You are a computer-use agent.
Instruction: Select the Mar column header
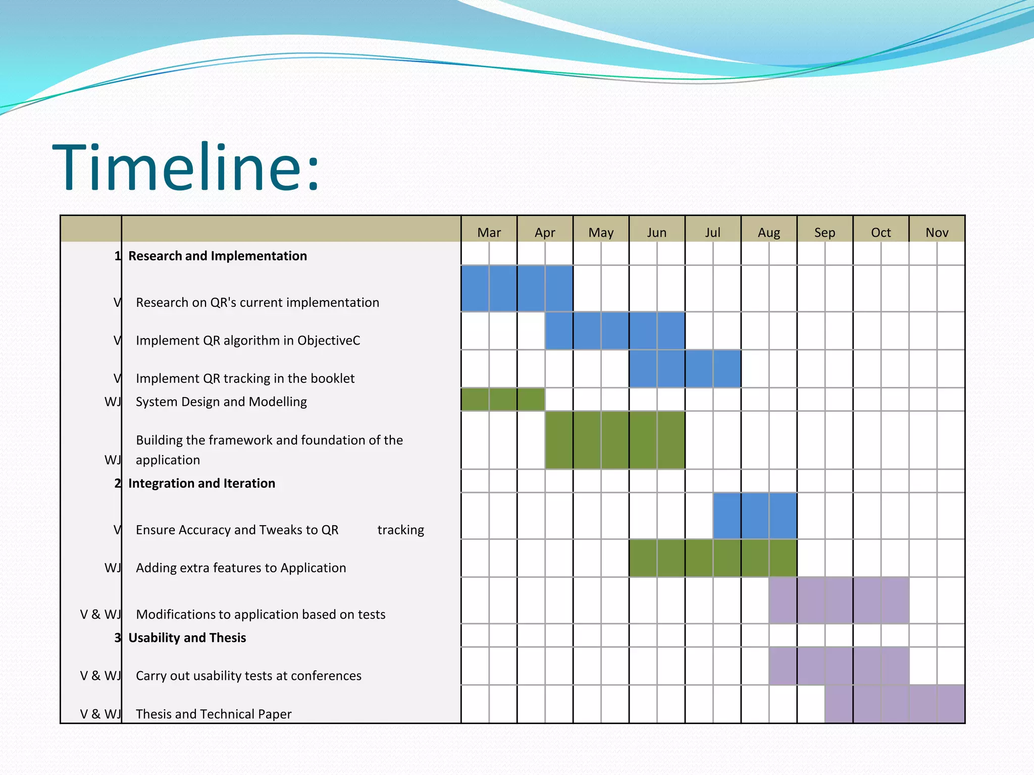[489, 232]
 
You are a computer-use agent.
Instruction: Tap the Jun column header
[656, 232]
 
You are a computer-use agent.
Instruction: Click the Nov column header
[937, 232]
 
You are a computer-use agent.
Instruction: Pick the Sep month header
[824, 232]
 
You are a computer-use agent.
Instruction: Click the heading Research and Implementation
[217, 256]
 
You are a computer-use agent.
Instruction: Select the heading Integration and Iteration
[201, 483]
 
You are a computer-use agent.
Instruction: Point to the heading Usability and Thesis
[187, 638]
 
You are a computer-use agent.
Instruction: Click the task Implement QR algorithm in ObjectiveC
[248, 341]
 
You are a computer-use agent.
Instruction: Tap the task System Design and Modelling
[221, 402]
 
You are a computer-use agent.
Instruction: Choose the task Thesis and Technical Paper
[214, 714]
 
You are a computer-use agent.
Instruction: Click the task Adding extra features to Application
[241, 568]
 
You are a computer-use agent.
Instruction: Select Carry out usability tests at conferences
[248, 676]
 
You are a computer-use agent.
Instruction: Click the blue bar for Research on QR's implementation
[516, 288]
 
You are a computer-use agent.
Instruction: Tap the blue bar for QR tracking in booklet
[685, 369]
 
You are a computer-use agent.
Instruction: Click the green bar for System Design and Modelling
[502, 399]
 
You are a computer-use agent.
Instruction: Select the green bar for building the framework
[614, 440]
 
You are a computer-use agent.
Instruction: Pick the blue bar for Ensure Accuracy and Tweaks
[755, 516]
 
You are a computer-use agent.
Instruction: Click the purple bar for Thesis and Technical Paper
[894, 704]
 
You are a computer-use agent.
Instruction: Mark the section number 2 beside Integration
[118, 483]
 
